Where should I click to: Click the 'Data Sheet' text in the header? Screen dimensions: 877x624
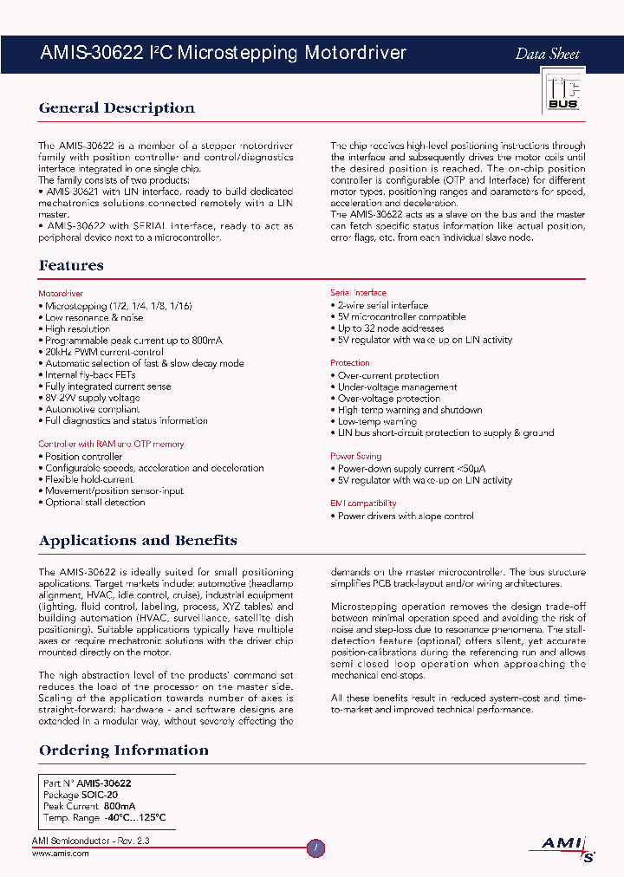(x=547, y=54)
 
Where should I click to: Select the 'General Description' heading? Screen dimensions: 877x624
(x=116, y=108)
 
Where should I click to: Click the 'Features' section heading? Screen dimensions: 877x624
(x=71, y=266)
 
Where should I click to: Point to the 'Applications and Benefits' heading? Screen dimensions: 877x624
(x=138, y=541)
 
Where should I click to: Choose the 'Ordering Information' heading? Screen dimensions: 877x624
(x=123, y=750)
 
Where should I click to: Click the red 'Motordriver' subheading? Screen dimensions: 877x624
(x=61, y=294)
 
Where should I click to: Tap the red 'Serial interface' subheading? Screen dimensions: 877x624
(x=358, y=293)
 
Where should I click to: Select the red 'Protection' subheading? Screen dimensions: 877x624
(x=349, y=363)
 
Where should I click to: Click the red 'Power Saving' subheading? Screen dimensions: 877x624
(x=355, y=456)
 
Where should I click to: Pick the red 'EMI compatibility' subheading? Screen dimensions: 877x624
(x=363, y=503)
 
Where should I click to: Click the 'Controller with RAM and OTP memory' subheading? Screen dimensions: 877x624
(x=111, y=444)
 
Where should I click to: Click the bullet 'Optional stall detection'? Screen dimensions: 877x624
(x=94, y=502)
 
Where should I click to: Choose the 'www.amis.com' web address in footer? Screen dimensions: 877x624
(x=60, y=854)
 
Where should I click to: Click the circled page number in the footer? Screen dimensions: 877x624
(x=316, y=848)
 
